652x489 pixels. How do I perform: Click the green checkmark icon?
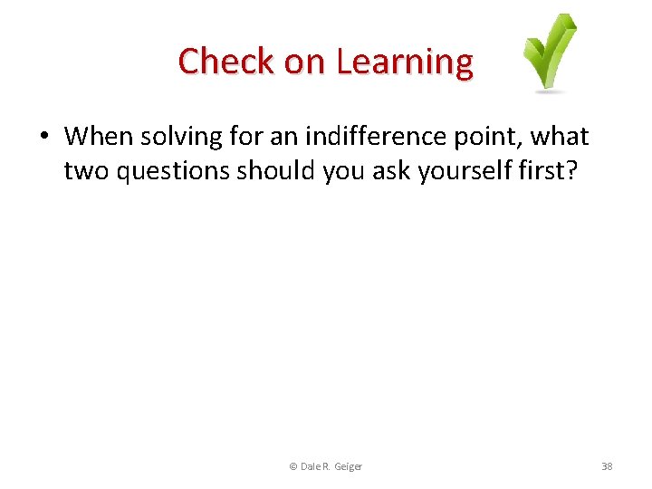pos(550,53)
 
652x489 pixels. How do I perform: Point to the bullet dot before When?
pos(44,138)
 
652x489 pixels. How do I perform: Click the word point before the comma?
pos(490,137)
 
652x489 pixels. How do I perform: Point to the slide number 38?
pos(607,466)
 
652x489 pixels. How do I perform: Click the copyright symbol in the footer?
pos(292,466)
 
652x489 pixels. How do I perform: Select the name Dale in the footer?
pos(310,466)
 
